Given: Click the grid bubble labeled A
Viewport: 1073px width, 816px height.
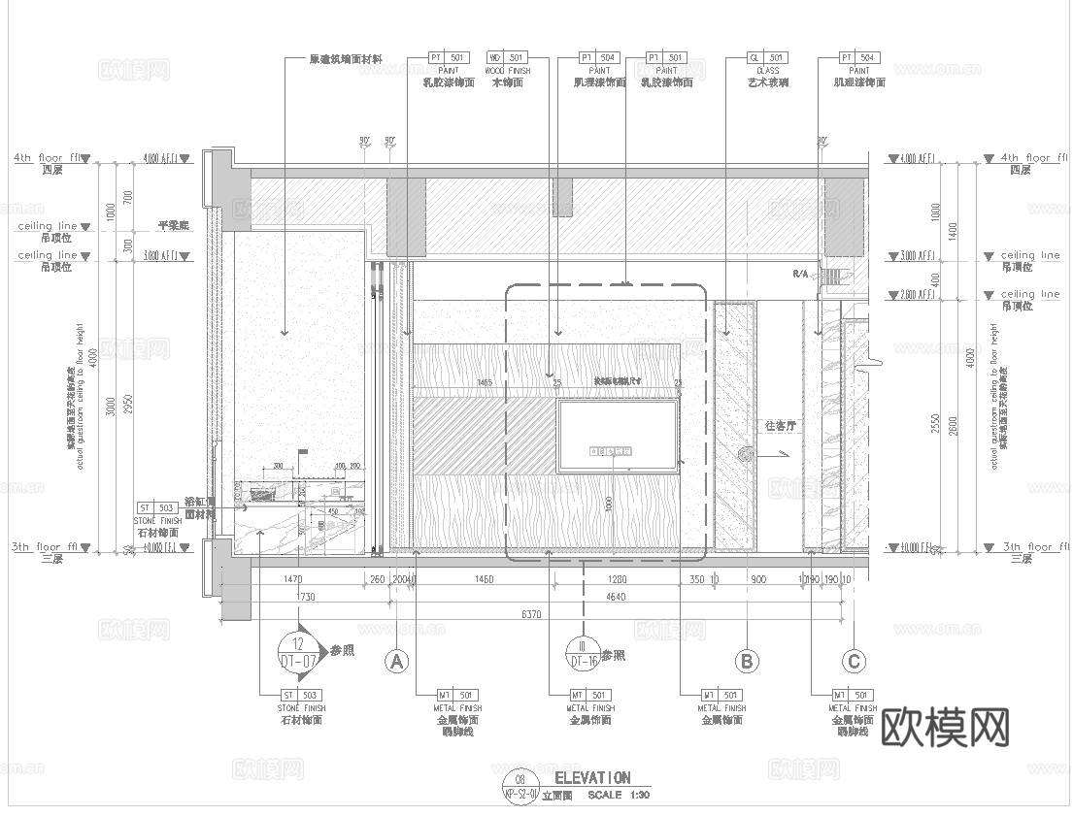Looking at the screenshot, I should pyautogui.click(x=394, y=662).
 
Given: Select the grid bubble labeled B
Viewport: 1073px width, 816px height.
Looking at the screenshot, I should pyautogui.click(x=746, y=662).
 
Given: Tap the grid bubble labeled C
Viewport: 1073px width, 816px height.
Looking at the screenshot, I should pyautogui.click(x=854, y=662).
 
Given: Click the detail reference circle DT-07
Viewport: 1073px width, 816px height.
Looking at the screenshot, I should pyautogui.click(x=299, y=652).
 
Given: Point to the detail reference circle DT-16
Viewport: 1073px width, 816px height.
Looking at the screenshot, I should pyautogui.click(x=583, y=653).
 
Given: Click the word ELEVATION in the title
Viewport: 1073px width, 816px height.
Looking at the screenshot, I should pyautogui.click(x=591, y=777).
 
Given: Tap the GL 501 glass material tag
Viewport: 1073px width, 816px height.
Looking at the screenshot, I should pyautogui.click(x=767, y=58).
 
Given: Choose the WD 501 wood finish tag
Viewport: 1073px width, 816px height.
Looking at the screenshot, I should pyautogui.click(x=506, y=58).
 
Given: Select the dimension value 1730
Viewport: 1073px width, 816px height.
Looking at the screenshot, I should pyautogui.click(x=307, y=598).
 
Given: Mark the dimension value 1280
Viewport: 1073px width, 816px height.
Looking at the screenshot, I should pyautogui.click(x=617, y=580).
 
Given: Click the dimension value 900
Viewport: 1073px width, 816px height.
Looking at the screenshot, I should pyautogui.click(x=758, y=580).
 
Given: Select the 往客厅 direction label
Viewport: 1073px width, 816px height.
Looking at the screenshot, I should pyautogui.click(x=780, y=425).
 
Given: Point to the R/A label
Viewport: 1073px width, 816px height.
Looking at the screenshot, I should pyautogui.click(x=800, y=275).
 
